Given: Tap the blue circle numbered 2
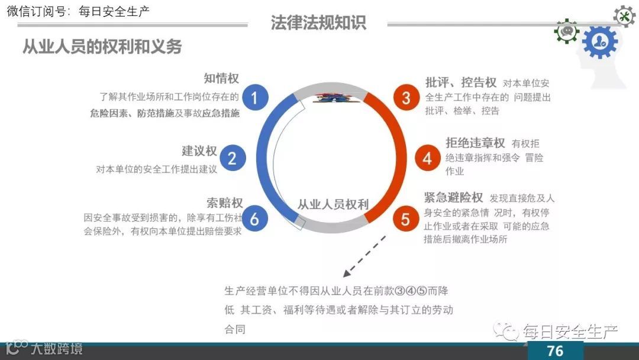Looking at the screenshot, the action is coord(232,158).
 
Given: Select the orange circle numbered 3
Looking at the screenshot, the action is coord(406,97).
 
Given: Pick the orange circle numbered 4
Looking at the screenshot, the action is coord(427,158).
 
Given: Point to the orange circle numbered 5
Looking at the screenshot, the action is coord(405,219).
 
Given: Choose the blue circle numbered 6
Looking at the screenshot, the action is coord(254,219).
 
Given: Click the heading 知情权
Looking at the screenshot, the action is coord(221,79).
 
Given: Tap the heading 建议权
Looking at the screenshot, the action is coord(199,151).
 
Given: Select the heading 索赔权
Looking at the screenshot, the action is coord(225,202).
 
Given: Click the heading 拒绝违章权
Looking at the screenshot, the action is coord(475,143).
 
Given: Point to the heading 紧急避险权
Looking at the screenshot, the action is coord(454,197).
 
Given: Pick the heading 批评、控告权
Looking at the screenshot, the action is coord(461,82).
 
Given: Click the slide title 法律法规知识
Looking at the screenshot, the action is coord(318,22).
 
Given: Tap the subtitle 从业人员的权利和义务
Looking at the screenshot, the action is coord(102,47).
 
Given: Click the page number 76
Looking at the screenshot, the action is coord(555,351).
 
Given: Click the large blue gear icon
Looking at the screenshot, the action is coord(599,42).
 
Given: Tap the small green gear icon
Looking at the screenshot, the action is coord(567,31).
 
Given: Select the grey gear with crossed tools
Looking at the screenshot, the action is coord(624,16).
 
